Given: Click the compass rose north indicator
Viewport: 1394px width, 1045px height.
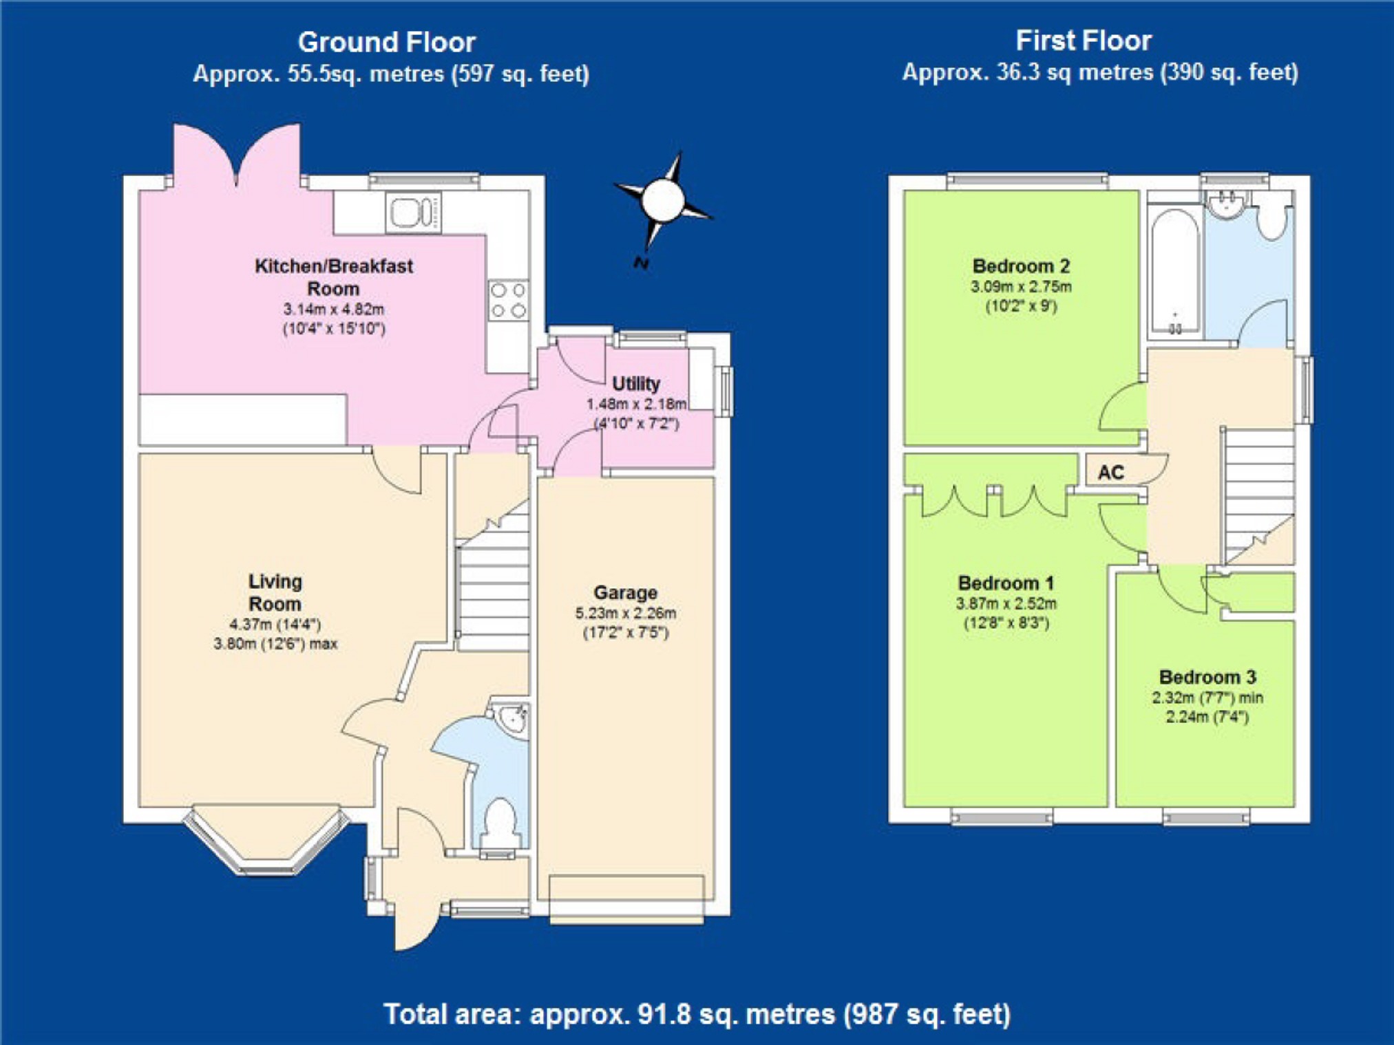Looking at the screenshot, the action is (x=662, y=200).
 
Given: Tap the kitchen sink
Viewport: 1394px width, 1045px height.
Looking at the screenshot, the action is (x=413, y=212).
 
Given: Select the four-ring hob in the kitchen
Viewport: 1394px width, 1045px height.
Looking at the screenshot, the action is (x=508, y=300).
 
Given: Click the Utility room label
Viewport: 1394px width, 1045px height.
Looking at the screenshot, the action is (x=636, y=384).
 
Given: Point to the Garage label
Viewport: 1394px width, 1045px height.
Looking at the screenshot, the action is (x=625, y=592).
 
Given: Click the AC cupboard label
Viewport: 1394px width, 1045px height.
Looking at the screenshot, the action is (x=1110, y=473).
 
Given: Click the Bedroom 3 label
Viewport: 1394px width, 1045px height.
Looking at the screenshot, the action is (x=1207, y=677).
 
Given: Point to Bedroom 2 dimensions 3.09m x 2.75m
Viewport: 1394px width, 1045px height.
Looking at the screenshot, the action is (x=1021, y=286).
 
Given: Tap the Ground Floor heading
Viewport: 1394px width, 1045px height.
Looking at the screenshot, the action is (x=387, y=43).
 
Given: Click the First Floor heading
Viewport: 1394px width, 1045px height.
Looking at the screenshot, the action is (x=1084, y=41).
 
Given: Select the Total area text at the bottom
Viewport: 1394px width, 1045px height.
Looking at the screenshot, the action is (x=697, y=1014).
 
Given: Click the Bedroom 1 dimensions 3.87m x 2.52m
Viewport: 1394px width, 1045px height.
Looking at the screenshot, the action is (x=1006, y=604).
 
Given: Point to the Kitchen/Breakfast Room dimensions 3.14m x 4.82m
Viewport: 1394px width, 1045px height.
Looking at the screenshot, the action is (x=334, y=310).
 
